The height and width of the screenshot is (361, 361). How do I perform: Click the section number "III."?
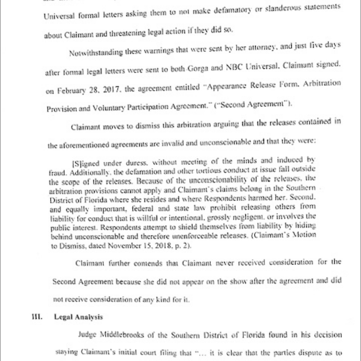pyautogui.click(x=36, y=317)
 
